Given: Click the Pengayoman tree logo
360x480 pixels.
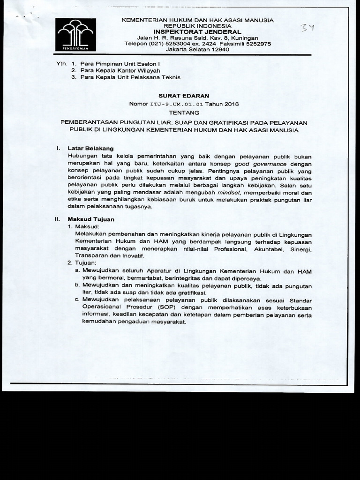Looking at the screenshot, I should click(x=75, y=34).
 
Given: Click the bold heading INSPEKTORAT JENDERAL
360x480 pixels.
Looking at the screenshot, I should click(x=197, y=32).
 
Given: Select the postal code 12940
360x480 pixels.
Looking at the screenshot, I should click(x=218, y=50).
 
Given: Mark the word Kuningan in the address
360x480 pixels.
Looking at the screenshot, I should click(x=244, y=37).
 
